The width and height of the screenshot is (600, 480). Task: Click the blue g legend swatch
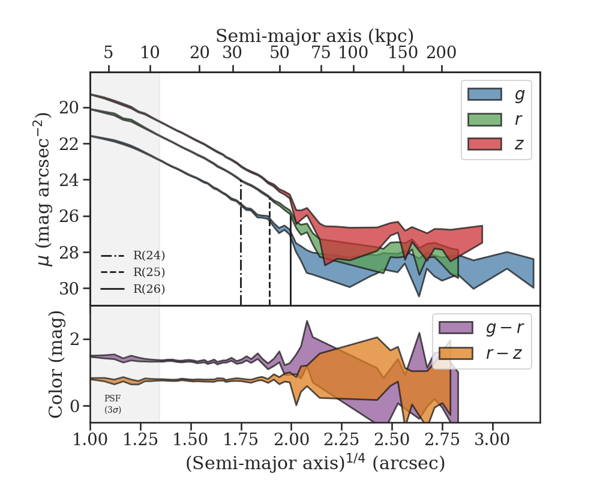click(x=484, y=94)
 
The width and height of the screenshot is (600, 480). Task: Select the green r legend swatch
click(x=484, y=119)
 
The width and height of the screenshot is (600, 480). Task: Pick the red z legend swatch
click(x=484, y=145)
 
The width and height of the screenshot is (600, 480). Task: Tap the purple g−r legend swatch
click(x=456, y=328)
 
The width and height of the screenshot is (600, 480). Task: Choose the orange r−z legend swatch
click(x=456, y=353)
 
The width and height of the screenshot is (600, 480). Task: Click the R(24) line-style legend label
click(x=149, y=256)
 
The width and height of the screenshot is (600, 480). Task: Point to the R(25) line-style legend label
click(x=149, y=272)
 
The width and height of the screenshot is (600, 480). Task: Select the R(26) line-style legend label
click(x=149, y=289)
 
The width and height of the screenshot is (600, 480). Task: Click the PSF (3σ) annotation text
click(x=113, y=404)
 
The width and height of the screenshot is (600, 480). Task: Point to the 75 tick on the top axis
click(x=321, y=53)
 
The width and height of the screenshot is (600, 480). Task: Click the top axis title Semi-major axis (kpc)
click(x=314, y=35)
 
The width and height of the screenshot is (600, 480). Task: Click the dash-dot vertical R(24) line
click(x=241, y=252)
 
